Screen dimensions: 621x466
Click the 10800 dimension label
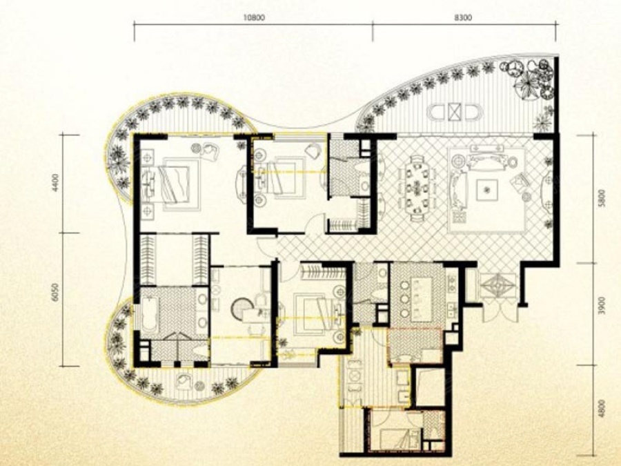point(254,17)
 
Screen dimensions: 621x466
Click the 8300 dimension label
point(463,17)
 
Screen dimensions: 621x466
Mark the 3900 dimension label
point(602,305)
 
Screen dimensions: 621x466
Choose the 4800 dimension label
point(602,409)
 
